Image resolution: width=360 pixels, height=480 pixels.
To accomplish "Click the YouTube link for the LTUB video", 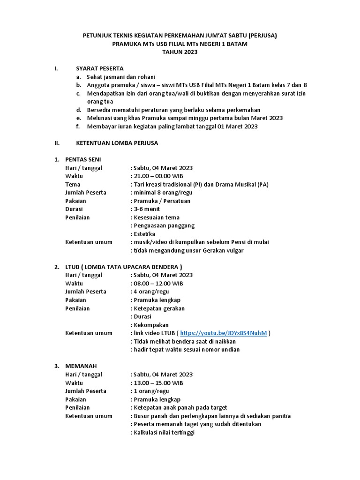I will (x=223, y=333).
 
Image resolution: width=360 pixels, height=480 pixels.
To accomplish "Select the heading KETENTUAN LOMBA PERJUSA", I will (x=117, y=143).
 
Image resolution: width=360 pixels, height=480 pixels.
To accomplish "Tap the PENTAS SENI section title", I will (x=83, y=159).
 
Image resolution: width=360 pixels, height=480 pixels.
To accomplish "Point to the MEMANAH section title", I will (x=81, y=366).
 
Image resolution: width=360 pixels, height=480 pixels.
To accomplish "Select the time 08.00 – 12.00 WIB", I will (x=158, y=284).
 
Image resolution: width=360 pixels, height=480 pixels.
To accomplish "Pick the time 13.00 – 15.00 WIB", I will (x=158, y=383).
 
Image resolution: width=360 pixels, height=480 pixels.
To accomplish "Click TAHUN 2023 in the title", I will (x=180, y=52).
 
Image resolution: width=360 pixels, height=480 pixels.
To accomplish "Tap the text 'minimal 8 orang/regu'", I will (x=163, y=193).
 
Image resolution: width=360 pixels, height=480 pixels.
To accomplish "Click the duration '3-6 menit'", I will (x=147, y=209).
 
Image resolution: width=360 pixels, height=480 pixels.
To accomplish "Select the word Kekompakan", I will (x=151, y=325).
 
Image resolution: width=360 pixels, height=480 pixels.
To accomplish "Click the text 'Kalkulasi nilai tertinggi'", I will (x=164, y=433).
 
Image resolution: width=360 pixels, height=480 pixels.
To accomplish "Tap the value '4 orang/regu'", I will (x=151, y=292).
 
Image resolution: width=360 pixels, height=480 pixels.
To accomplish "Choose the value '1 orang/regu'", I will (x=151, y=391).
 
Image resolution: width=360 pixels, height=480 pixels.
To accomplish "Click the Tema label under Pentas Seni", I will (x=73, y=184).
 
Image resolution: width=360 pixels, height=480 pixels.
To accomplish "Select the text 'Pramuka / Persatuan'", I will (x=162, y=201).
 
